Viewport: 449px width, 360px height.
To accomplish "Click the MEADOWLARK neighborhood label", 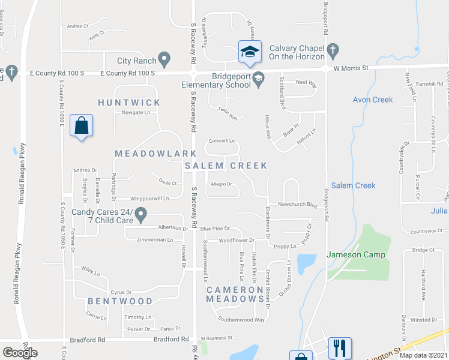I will (148, 154).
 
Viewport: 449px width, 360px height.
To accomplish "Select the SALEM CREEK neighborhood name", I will (226, 166).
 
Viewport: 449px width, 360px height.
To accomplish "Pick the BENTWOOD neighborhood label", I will (120, 301).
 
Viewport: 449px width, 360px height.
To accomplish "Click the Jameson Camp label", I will (355, 254).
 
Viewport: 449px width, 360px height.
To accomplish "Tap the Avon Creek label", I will (372, 100).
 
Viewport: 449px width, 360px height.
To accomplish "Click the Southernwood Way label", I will (241, 320).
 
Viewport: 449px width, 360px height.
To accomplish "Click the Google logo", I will (20, 353).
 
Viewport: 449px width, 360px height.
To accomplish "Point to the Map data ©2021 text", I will (423, 355).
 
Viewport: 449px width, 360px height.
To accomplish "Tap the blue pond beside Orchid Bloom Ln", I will (306, 262).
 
